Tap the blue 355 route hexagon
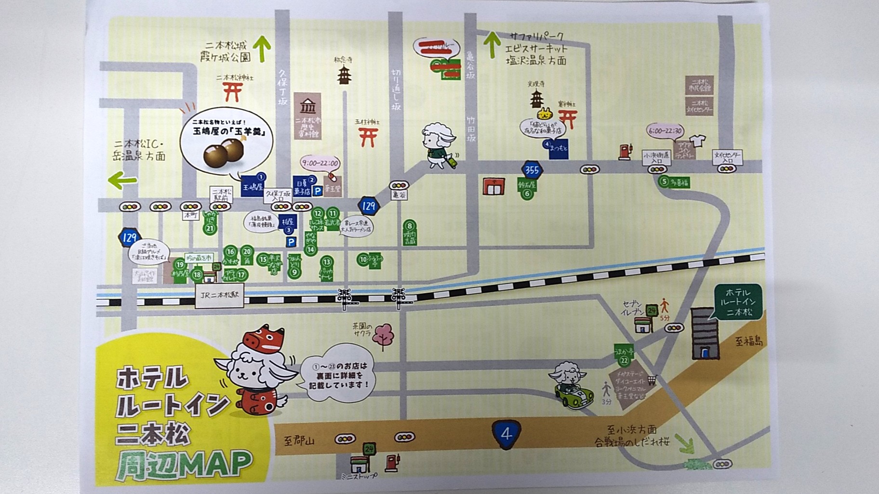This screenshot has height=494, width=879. click(532, 169)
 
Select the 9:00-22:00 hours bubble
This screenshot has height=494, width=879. click(319, 163)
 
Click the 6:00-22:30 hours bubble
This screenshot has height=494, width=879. click(665, 131)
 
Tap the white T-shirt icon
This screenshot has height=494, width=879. click(697, 141)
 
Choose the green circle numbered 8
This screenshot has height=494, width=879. click(410, 226)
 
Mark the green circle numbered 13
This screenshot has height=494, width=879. click(327, 262)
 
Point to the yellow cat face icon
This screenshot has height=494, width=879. click(545, 114)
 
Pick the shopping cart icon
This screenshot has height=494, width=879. click(652, 380)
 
